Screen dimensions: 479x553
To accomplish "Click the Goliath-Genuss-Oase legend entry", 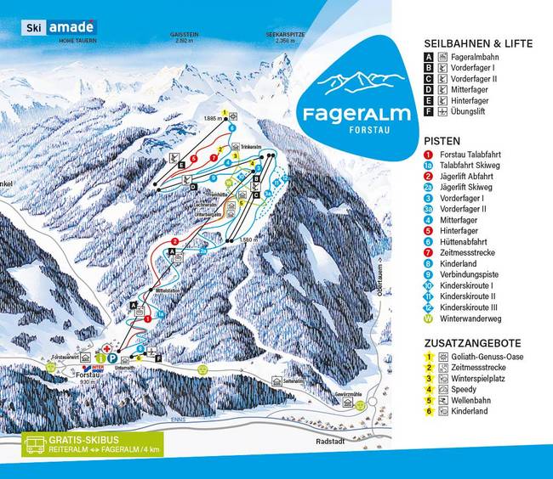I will (491, 358).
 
